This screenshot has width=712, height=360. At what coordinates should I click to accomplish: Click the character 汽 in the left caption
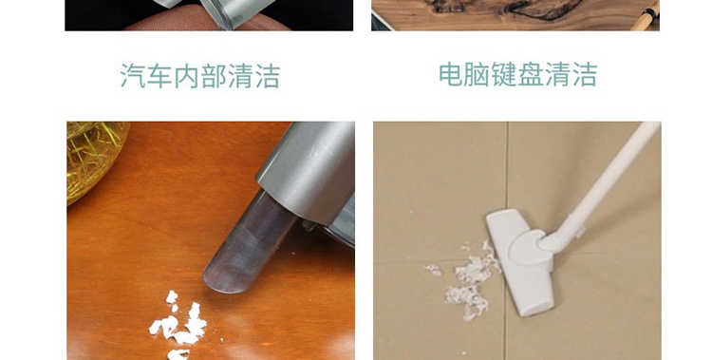133,75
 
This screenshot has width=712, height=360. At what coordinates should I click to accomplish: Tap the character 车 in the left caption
159,75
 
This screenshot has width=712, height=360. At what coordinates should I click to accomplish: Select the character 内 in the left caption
187,75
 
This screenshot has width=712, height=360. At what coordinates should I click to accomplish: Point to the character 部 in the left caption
214,75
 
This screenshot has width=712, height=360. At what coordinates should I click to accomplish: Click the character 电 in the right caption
451,74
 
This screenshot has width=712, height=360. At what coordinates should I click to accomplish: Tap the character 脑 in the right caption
478,74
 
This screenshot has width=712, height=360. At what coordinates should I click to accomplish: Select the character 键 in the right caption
504,74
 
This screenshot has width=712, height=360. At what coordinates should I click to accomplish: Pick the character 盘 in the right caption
531,74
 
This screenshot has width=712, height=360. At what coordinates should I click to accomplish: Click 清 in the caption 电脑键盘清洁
557,74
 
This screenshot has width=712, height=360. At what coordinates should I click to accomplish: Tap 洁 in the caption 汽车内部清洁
267,75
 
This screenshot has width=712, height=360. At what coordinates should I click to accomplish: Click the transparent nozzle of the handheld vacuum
248,243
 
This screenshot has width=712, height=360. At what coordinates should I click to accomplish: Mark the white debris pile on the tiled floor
468,282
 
